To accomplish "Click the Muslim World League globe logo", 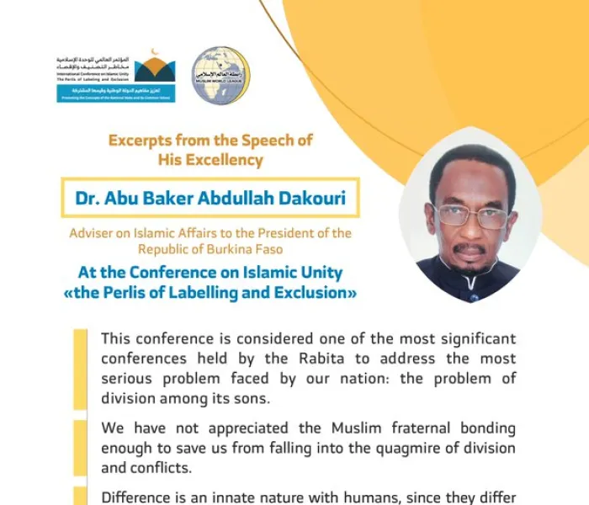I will [220, 76].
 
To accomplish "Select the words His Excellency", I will [210, 160].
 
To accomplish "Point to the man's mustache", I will [470, 248].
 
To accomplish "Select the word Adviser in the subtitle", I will [93, 233].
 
